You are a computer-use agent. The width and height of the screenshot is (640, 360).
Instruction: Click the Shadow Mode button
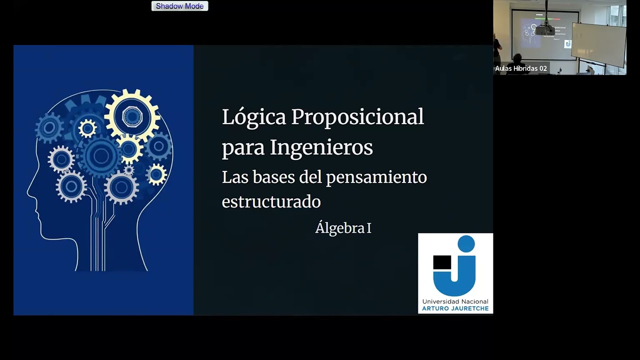179,6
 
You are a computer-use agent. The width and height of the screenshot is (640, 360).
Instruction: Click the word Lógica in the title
254,117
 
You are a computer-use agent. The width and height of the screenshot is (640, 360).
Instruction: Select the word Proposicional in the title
357,117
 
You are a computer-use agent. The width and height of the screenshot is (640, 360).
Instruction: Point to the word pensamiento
376,177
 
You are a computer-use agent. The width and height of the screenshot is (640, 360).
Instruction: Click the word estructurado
271,201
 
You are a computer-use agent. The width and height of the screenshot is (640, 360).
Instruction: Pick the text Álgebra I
343,228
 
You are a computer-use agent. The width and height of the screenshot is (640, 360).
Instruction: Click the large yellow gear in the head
132,115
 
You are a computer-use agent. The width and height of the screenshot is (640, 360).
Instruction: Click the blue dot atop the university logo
466,243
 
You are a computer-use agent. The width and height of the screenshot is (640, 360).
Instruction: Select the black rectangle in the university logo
442,262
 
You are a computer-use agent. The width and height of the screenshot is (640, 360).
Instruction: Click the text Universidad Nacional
455,301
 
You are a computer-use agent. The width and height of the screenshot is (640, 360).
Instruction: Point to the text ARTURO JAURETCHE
455,308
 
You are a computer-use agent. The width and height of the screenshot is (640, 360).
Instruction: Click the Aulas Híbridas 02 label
521,68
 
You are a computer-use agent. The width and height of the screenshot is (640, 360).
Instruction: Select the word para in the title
243,147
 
